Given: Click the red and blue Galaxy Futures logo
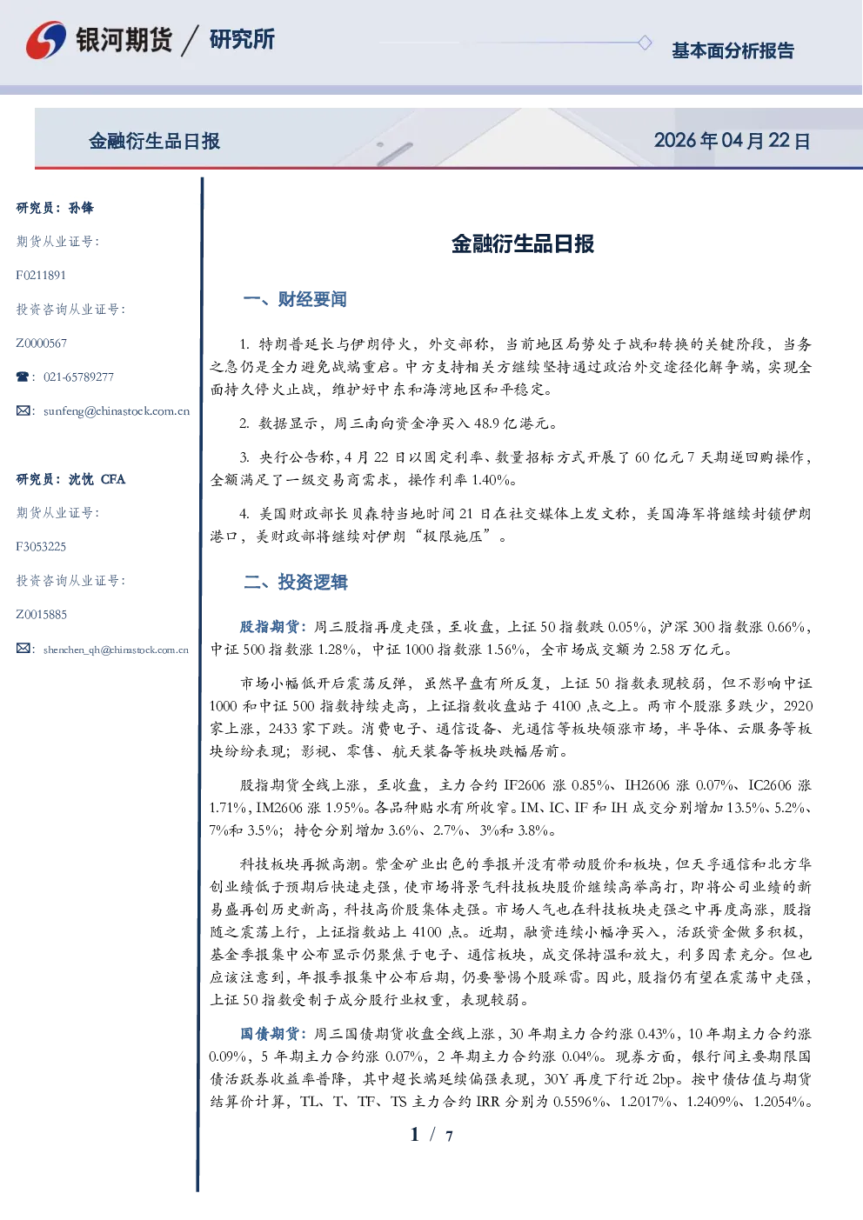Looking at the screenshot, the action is pyautogui.click(x=46, y=39).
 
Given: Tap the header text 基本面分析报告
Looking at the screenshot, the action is pyautogui.click(x=733, y=50).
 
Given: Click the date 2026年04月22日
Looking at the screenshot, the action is pyautogui.click(x=733, y=141).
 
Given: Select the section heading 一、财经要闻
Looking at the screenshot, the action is pyautogui.click(x=295, y=299).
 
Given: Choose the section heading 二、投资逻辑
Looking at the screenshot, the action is pyautogui.click(x=295, y=582).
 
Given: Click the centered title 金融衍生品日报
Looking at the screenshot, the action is pyautogui.click(x=523, y=243).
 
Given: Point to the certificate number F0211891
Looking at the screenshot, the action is pyautogui.click(x=41, y=275).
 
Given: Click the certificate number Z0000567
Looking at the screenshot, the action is pyautogui.click(x=42, y=343).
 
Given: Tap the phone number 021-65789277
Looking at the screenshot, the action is pyautogui.click(x=78, y=377).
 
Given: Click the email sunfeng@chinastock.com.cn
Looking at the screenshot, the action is pyautogui.click(x=117, y=411).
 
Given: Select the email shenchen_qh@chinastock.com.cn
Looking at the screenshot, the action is pyautogui.click(x=116, y=650).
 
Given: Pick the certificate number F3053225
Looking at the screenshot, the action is pyautogui.click(x=41, y=547).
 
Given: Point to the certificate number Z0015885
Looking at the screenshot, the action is pyautogui.click(x=42, y=615).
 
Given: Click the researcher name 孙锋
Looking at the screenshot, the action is pyautogui.click(x=81, y=208).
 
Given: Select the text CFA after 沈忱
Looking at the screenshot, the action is pyautogui.click(x=113, y=479).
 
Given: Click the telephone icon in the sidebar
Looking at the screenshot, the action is pyautogui.click(x=23, y=377).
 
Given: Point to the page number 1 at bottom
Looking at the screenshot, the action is pyautogui.click(x=415, y=1135).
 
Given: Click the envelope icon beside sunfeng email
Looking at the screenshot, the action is pyautogui.click(x=23, y=410).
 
